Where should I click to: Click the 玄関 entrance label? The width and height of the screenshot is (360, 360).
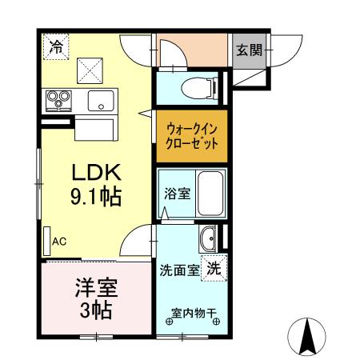click(x=248, y=50)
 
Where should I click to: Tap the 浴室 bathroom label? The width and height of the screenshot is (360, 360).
click(x=178, y=194)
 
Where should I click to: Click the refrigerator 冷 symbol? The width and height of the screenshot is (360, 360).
click(x=54, y=46)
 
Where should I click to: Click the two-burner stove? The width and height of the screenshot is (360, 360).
click(x=58, y=100)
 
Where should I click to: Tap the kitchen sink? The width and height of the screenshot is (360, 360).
click(x=102, y=100)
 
